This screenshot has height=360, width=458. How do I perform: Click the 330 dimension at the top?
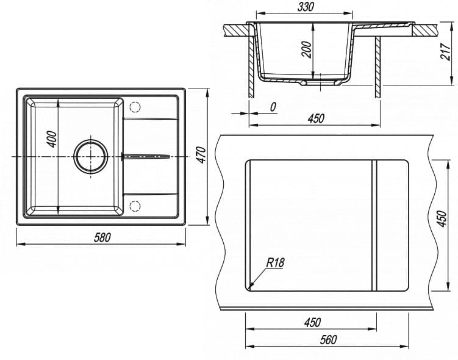pyautogui.click(x=306, y=7)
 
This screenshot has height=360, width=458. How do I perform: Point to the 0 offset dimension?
pyautogui.click(x=273, y=107)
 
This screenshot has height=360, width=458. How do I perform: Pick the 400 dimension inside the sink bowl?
pyautogui.click(x=52, y=140)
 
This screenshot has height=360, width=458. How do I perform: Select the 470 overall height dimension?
pyautogui.click(x=201, y=156)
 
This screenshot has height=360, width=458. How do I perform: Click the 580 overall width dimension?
pyautogui.click(x=102, y=238)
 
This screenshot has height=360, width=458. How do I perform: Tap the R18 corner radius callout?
pyautogui.click(x=275, y=263)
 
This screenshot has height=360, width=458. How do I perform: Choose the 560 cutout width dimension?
pyautogui.click(x=327, y=340)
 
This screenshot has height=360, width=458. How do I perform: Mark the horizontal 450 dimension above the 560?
pyautogui.click(x=311, y=322)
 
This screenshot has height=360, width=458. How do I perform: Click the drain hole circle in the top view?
pyautogui.click(x=91, y=157)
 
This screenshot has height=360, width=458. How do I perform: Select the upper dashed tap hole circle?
pyautogui.click(x=135, y=107)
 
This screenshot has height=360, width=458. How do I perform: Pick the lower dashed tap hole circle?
pyautogui.click(x=135, y=205)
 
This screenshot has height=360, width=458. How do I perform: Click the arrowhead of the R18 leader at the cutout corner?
pyautogui.click(x=251, y=287)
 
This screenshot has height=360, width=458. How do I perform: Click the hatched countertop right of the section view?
pyautogui.click(x=427, y=29)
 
